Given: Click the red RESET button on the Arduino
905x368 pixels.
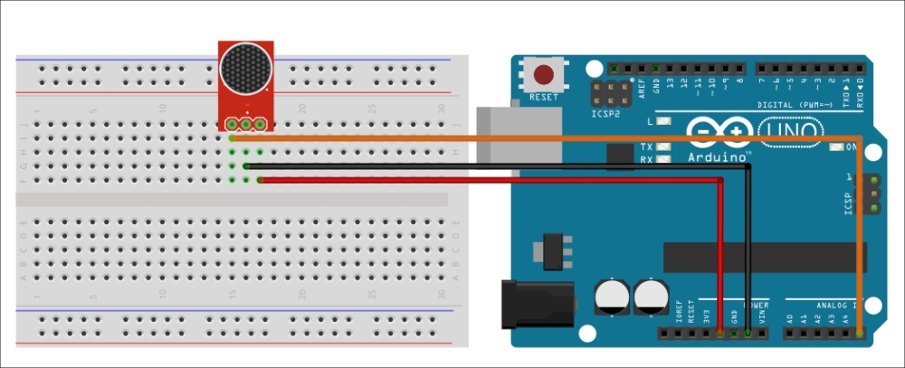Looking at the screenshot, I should (x=545, y=75).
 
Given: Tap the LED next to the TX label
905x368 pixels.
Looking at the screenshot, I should (x=664, y=146).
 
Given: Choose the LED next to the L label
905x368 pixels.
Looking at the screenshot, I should (x=664, y=121).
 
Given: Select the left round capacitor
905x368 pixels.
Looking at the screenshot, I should (x=612, y=297).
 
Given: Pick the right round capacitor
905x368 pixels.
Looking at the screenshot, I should (x=653, y=297).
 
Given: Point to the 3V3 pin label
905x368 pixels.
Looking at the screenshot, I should (x=707, y=316).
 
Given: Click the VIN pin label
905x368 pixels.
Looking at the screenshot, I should (x=763, y=316).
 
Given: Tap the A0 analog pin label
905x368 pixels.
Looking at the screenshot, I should (x=789, y=318).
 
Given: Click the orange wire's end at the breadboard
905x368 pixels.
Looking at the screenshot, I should (x=232, y=138).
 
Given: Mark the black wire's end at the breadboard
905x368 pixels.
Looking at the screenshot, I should (x=246, y=166).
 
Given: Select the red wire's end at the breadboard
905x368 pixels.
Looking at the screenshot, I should (x=260, y=181).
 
